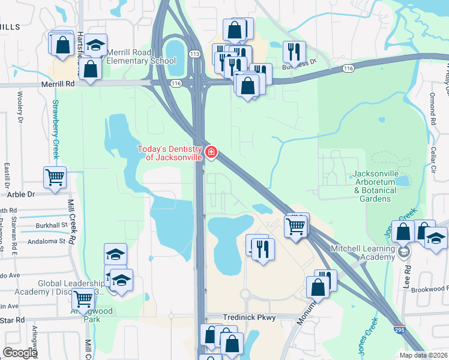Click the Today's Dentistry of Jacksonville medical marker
coord(211,153)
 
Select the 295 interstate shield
coord(399,330)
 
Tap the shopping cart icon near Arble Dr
coord(55,177)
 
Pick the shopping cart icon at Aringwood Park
coord(83,298)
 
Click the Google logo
coord(20,352)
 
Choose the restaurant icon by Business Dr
coord(294,52)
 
